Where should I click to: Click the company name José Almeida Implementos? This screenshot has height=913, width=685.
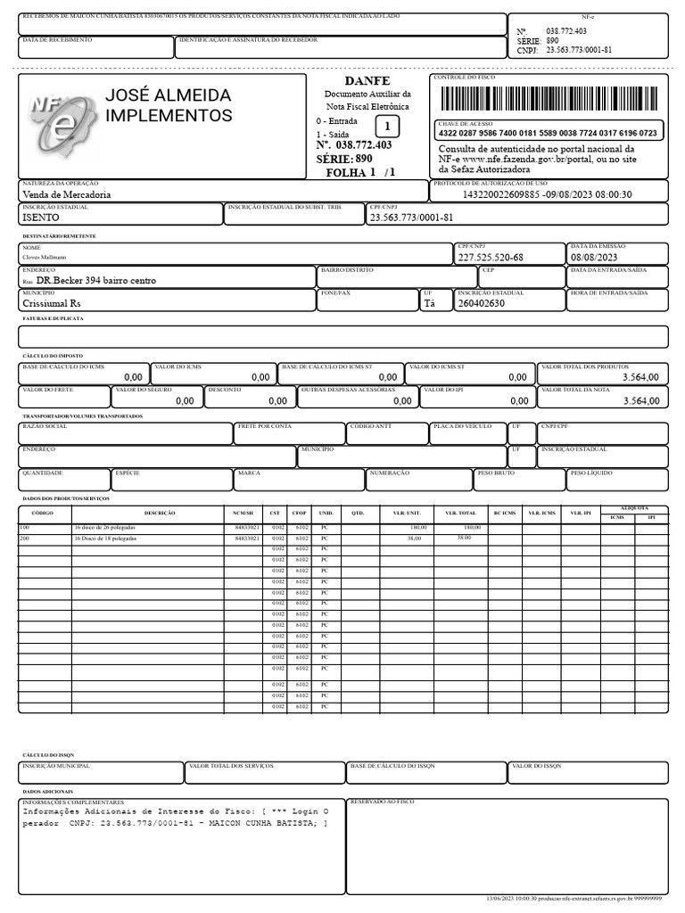(x=168, y=106)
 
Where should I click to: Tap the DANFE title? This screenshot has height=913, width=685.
(x=367, y=81)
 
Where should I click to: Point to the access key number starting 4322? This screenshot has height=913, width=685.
(x=548, y=133)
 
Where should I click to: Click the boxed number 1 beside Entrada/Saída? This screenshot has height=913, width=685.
(x=387, y=127)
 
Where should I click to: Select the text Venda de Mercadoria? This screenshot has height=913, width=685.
(x=67, y=193)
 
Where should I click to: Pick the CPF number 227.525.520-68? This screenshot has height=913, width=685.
(x=491, y=258)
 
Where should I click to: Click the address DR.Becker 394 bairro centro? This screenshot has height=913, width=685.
(x=95, y=280)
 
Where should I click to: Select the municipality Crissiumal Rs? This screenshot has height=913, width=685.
(x=52, y=303)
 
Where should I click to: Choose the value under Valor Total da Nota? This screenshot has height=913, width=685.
(x=640, y=401)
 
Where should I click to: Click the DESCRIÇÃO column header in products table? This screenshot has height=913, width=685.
(x=159, y=514)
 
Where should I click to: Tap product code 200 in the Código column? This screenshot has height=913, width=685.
(x=25, y=539)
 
